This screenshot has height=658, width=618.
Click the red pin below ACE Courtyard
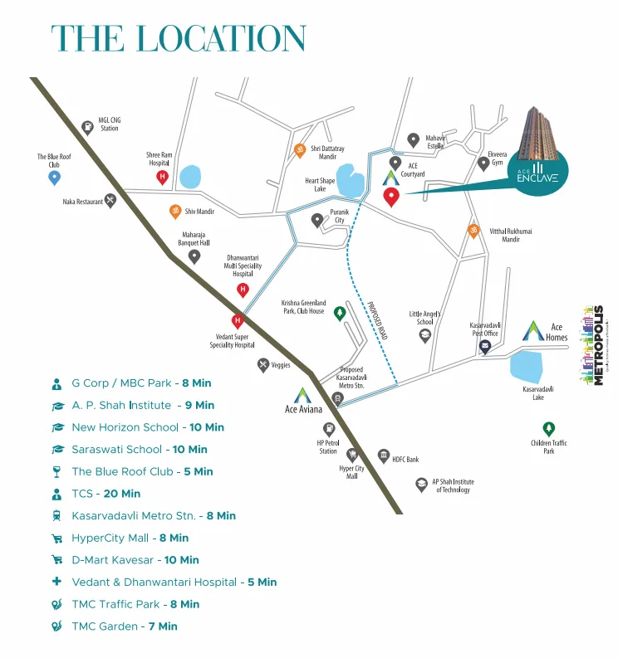390,197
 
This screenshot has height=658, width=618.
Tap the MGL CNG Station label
110,124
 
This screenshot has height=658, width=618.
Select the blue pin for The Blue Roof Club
55,178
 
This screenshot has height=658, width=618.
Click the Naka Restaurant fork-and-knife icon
110,201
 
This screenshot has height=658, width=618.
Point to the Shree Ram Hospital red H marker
162,177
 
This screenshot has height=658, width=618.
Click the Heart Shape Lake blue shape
352,183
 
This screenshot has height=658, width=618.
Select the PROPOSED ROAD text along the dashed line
377,319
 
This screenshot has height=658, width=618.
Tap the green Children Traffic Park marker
548,428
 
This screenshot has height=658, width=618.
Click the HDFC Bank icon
384,456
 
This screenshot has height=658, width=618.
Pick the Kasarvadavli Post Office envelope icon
485,347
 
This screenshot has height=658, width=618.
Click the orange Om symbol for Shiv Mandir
175,211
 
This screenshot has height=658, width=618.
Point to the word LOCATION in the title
221,39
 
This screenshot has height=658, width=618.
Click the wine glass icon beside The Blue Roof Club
57,471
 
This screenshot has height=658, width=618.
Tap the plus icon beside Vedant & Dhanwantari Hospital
57,582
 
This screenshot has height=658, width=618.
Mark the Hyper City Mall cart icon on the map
351,455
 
